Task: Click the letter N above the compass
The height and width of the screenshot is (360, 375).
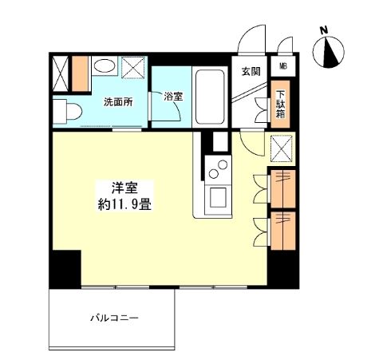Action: coord(323,31)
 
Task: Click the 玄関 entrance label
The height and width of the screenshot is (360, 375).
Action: coord(250,71)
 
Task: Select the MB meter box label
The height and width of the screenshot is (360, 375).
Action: coord(284,66)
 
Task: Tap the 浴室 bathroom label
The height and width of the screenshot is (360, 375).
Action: coord(173,97)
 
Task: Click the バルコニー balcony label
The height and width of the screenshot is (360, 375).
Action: coord(115,318)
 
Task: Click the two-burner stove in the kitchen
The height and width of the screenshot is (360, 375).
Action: coord(217,168)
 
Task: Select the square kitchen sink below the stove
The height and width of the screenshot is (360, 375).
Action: coord(216,197)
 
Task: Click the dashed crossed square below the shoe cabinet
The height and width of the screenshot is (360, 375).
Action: coord(282,148)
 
